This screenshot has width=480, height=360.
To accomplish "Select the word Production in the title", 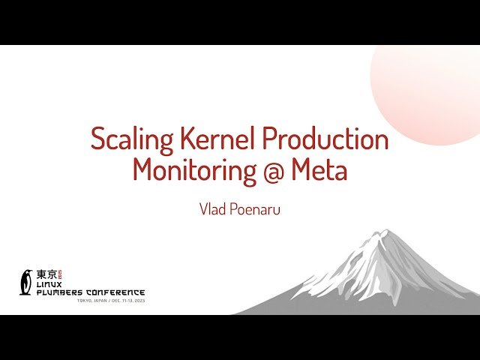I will tap(325, 139).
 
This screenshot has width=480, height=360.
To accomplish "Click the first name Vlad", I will tap(211, 208).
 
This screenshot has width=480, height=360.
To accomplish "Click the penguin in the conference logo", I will tap(27, 281).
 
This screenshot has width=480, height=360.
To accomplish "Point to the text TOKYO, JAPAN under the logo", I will tap(93, 300).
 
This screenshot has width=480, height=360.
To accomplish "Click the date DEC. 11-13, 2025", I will tap(129, 300).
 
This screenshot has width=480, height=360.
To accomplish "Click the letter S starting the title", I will tap(98, 139).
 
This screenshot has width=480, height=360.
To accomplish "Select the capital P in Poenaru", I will tap(232, 208).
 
